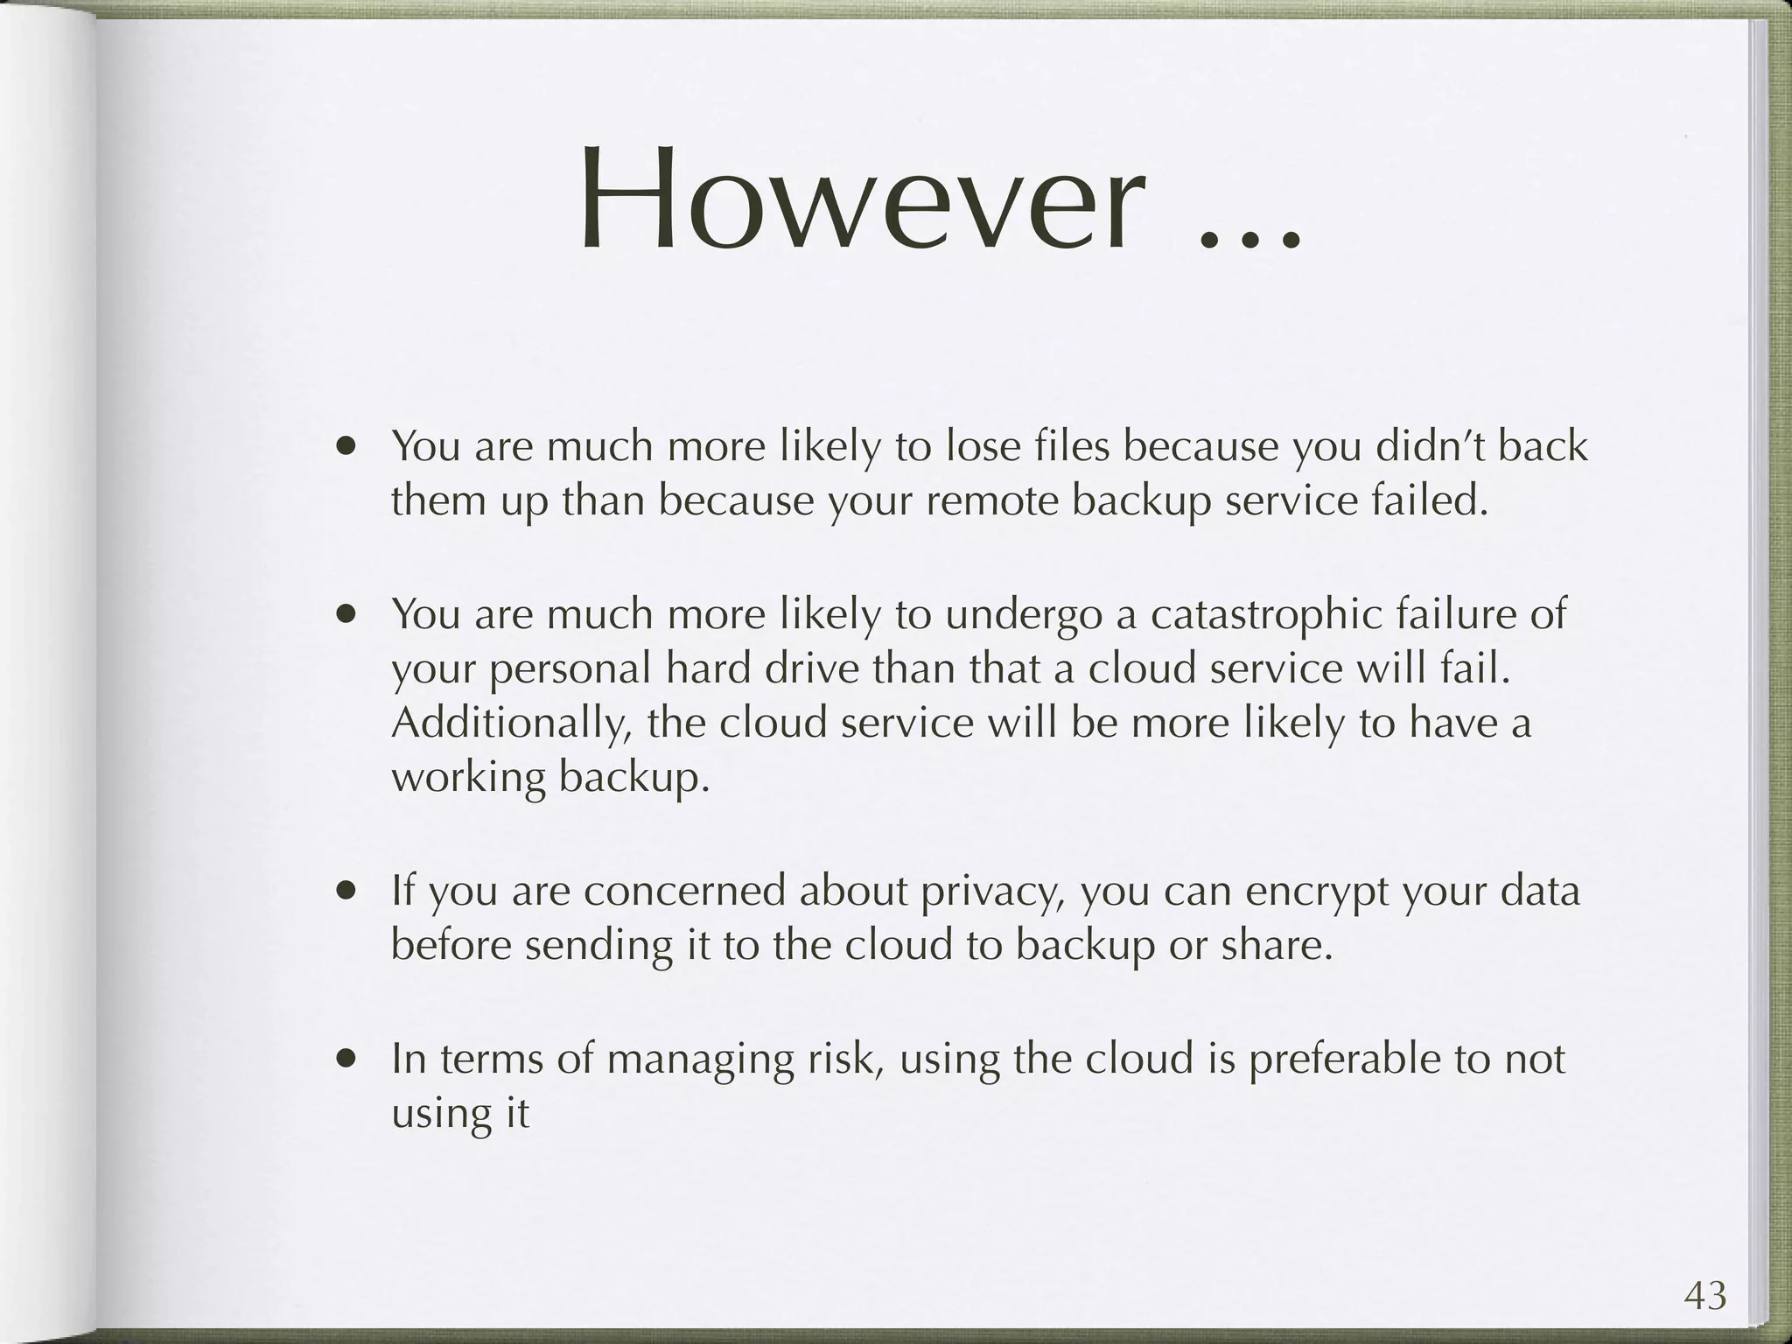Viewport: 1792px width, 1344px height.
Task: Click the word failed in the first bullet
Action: [x=1437, y=501]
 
